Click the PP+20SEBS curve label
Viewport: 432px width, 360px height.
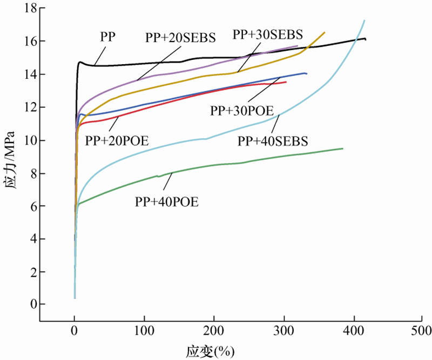(x=180, y=38)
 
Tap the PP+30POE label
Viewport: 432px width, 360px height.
(x=242, y=111)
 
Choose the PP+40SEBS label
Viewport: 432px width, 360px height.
(x=273, y=141)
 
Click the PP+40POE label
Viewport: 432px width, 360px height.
(x=167, y=202)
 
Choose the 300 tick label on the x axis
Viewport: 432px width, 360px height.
(x=284, y=329)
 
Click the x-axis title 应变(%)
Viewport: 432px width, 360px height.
(x=211, y=351)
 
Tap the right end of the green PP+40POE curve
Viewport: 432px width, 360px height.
(x=342, y=148)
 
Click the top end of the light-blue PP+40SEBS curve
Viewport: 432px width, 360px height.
(x=364, y=21)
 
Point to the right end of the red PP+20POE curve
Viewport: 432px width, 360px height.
(x=286, y=82)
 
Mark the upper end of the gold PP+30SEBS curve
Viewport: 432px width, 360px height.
(x=325, y=32)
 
